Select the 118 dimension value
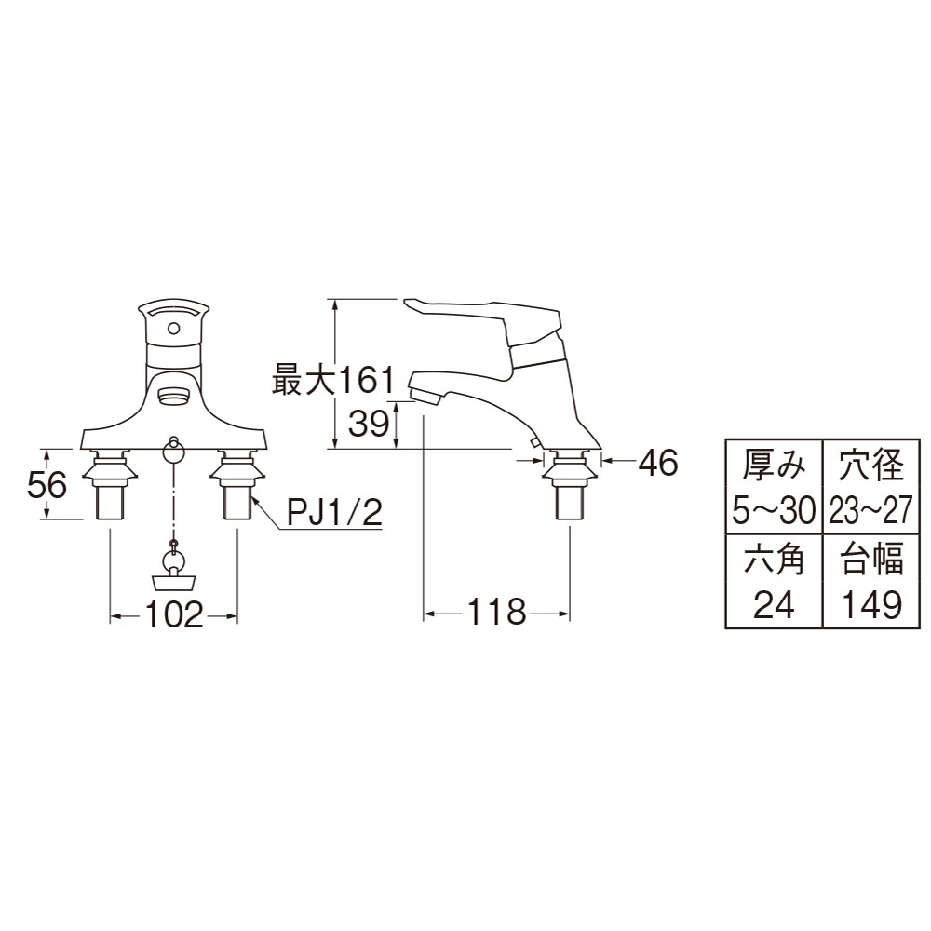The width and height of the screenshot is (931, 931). (x=496, y=612)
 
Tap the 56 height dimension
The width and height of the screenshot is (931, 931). (x=47, y=485)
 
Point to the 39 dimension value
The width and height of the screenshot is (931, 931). (x=369, y=424)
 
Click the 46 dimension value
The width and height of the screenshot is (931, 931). (x=658, y=463)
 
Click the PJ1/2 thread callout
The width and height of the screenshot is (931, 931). (x=334, y=512)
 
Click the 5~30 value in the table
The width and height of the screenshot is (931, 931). (x=774, y=510)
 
